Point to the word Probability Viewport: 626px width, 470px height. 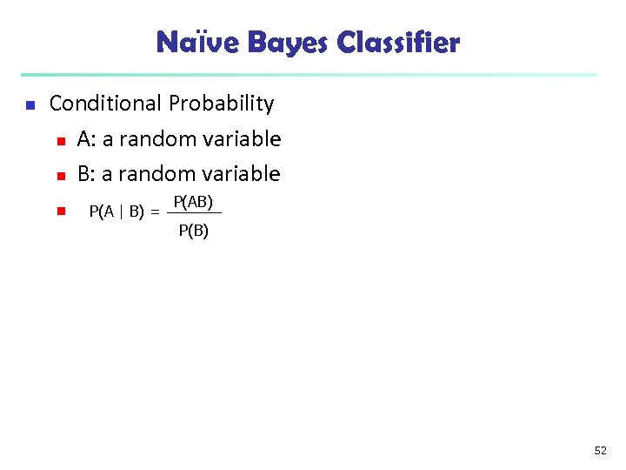(222, 104)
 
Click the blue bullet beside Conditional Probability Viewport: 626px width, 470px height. (28, 105)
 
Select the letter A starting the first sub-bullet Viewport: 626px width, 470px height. (83, 139)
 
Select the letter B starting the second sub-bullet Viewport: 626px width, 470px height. (83, 174)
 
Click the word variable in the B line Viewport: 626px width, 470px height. (243, 174)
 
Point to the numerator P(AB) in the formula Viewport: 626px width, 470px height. (193, 202)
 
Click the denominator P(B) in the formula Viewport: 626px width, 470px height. (193, 231)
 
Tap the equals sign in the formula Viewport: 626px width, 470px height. (155, 211)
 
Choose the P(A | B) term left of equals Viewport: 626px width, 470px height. (117, 211)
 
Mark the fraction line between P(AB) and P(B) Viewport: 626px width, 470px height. (193, 213)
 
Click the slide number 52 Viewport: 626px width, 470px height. (600, 450)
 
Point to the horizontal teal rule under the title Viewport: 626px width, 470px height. (309, 75)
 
